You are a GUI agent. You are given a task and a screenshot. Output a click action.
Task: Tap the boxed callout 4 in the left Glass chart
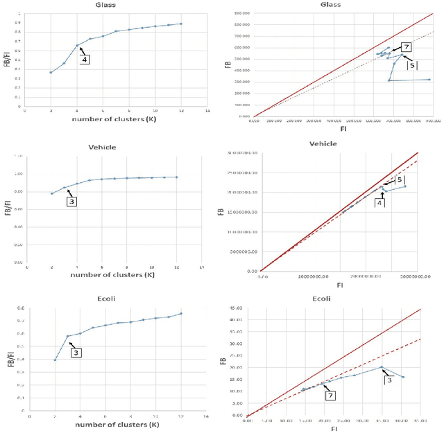[x=86, y=60]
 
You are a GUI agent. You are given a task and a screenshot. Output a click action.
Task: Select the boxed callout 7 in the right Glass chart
[x=407, y=46]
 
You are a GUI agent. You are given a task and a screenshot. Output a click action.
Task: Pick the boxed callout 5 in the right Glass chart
[x=412, y=64]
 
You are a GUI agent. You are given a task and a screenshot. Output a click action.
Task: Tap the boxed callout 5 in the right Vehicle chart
[x=400, y=179]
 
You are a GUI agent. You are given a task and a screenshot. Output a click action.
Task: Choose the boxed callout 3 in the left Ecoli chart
[x=76, y=353]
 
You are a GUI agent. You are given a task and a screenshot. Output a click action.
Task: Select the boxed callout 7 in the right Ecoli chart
[x=331, y=395]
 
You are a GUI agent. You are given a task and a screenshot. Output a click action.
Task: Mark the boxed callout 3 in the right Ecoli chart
[x=389, y=379]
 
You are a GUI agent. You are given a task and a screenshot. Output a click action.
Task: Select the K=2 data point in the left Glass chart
[x=51, y=72]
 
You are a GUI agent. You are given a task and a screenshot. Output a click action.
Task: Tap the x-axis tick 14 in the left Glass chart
[x=207, y=111]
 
